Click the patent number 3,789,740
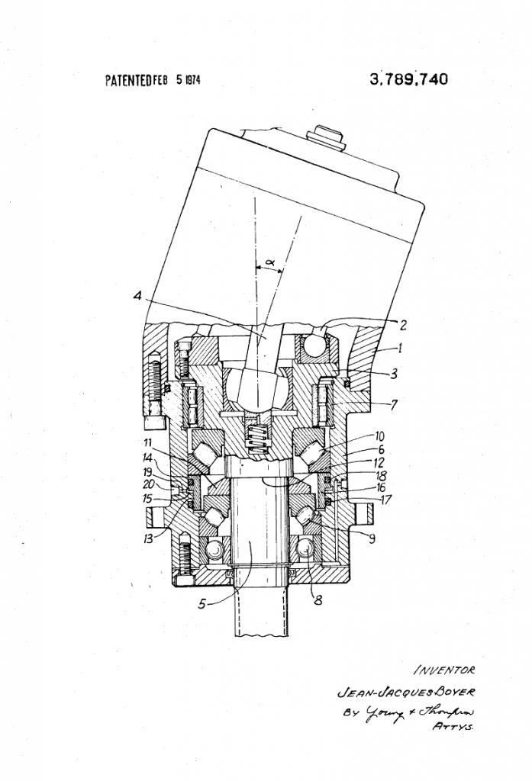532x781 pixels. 408,79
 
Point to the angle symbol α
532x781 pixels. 269,263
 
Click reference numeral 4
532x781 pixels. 138,296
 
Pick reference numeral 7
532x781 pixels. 394,404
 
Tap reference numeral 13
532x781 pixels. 156,538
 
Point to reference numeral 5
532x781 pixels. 202,605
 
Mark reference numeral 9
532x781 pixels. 372,538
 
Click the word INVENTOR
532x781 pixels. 445,670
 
